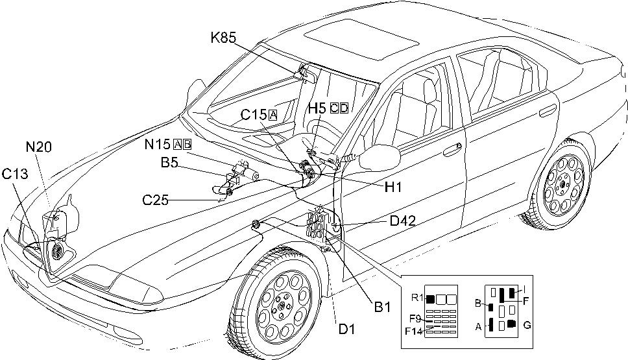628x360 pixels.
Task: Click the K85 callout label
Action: point(224,38)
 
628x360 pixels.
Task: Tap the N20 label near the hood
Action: point(38,147)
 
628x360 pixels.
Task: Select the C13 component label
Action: point(14,173)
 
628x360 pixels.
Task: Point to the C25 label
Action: point(156,200)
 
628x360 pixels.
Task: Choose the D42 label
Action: point(402,221)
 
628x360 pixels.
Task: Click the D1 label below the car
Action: point(346,330)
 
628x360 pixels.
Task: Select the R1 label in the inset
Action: point(417,298)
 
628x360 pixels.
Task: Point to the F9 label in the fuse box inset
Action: point(417,318)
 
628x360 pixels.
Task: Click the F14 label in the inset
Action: point(414,331)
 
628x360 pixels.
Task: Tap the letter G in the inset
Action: point(527,325)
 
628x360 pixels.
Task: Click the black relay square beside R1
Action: point(430,299)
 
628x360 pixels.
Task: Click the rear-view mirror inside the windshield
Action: point(307,73)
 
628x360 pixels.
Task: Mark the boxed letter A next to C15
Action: point(272,115)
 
